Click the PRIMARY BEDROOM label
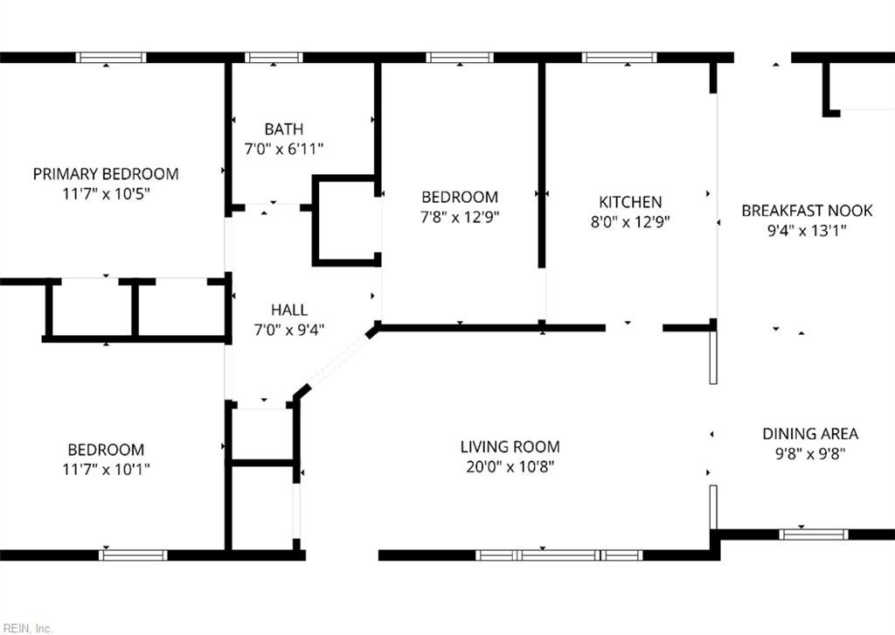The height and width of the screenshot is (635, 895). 105,173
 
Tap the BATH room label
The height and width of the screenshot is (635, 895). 284,129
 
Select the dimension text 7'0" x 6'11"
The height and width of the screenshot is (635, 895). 284,150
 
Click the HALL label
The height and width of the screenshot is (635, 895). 288,310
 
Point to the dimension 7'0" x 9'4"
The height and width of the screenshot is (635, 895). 288,330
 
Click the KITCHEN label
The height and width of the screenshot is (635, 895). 624,202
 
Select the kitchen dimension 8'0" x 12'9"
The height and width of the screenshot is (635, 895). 624,222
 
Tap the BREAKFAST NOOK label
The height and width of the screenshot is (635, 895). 806,210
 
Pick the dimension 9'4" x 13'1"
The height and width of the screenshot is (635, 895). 806,230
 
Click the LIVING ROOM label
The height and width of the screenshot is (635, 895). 510,447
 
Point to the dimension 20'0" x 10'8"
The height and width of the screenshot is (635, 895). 510,467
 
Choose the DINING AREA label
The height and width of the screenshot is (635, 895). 809,434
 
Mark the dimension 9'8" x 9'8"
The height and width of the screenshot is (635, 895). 809,454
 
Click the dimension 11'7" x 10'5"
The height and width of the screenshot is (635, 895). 105,193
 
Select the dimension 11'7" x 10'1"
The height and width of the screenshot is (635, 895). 106,470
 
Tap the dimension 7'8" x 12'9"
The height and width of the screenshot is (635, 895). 460,217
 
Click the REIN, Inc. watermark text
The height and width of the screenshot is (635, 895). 27,627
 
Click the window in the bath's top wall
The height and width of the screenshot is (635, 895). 274,58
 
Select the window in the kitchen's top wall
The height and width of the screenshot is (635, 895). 619,58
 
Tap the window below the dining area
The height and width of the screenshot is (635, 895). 813,534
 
